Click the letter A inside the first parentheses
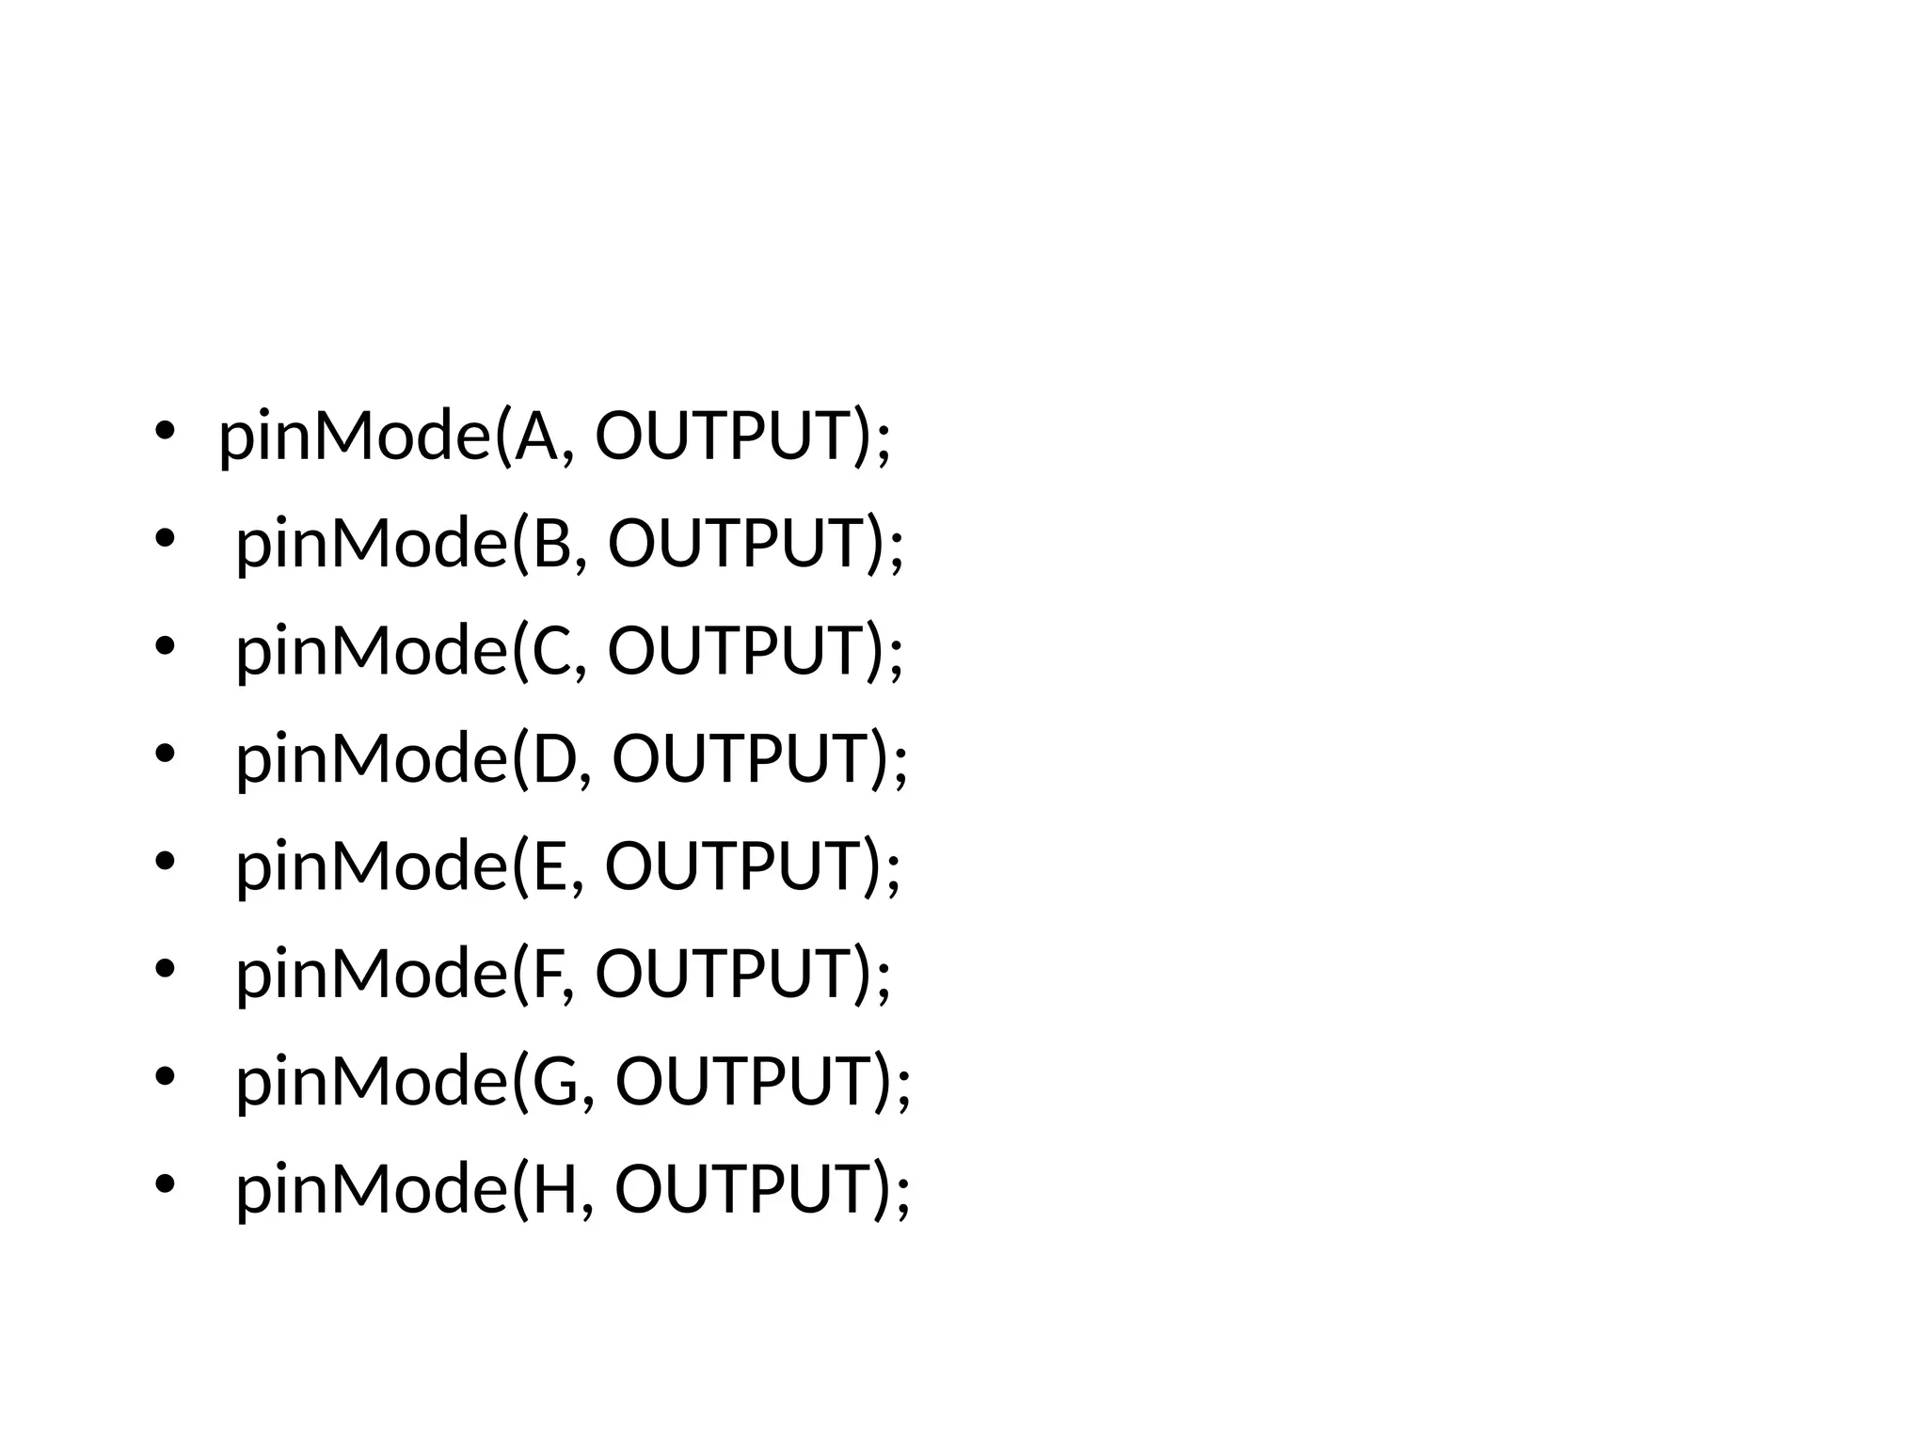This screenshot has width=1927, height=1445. click(x=537, y=437)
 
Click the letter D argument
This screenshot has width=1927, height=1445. click(x=554, y=758)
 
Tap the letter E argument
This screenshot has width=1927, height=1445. click(x=549, y=865)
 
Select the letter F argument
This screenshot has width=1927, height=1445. click(x=547, y=973)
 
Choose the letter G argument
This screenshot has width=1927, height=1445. click(x=556, y=1081)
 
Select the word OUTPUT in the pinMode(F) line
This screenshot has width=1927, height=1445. click(x=724, y=973)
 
